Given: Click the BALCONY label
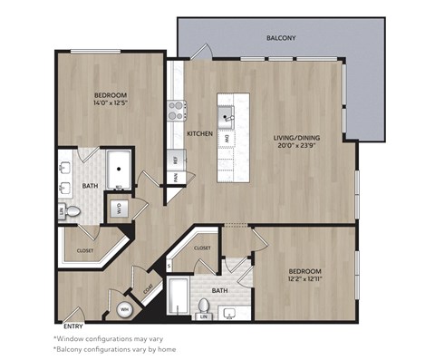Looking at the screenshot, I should point(281,39).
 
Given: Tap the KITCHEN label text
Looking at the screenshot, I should point(199,134).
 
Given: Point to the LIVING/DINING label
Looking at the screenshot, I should point(297,139).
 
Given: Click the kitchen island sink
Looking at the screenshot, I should point(226,115).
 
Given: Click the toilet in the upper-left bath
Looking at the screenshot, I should point(74,210).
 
